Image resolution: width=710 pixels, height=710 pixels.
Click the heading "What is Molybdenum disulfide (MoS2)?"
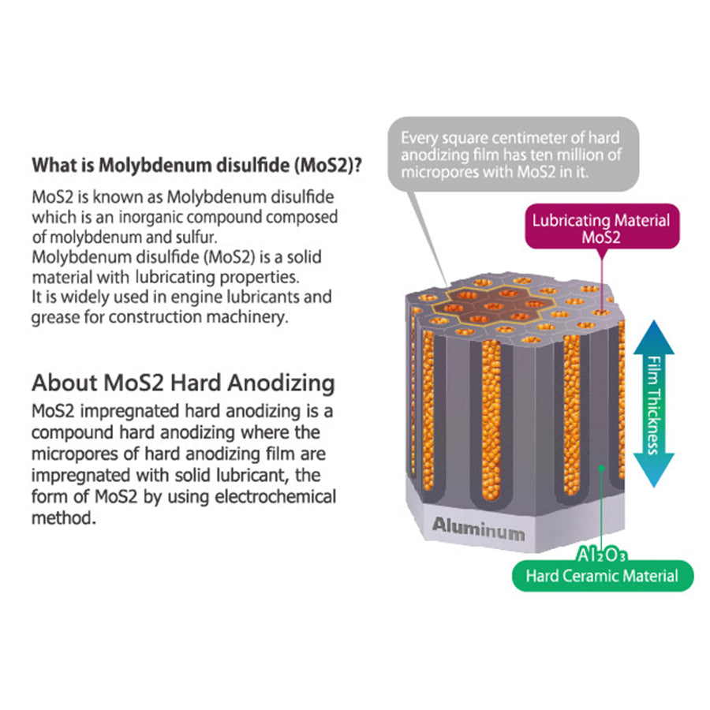[196, 166]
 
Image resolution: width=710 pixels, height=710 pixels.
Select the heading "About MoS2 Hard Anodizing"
[183, 383]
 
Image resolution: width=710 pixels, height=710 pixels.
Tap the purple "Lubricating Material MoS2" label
[600, 228]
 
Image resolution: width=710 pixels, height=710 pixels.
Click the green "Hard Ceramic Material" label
[603, 576]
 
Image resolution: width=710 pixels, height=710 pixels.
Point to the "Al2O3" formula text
[602, 555]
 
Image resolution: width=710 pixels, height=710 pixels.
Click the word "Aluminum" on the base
[477, 529]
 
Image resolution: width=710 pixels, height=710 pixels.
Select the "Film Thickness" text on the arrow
[652, 404]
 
